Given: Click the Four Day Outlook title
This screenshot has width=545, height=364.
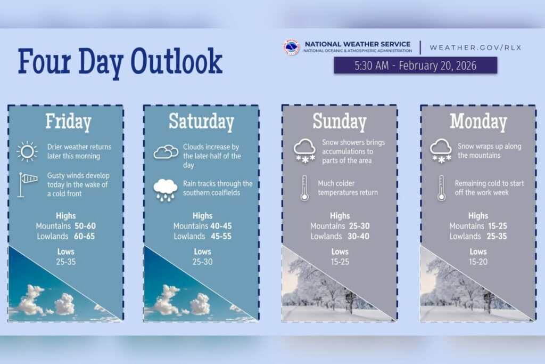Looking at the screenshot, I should pos(120,61).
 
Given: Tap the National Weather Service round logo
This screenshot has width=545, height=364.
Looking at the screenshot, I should pos(292,47).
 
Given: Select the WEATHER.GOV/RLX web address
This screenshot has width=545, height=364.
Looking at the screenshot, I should pos(475,47).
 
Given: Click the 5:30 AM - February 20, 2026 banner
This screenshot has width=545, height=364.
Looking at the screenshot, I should pos(416,66).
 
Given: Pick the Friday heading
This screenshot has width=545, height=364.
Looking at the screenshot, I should pos(68,122).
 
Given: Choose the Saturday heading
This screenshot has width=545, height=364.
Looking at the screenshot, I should pos(201,122).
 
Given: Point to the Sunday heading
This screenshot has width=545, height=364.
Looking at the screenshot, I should pos(340,122).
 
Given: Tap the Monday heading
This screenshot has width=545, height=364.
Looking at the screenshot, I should pos(478,122).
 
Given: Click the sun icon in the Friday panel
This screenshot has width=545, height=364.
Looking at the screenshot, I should pos(27,151).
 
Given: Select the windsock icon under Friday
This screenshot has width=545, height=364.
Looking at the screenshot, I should pos(27,184).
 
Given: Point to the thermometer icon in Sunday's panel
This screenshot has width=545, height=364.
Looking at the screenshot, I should pos(304,188).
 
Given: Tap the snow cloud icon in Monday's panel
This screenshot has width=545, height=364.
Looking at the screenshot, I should pos(441,150).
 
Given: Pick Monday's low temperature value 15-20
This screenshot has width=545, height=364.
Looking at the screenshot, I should pos(478,262).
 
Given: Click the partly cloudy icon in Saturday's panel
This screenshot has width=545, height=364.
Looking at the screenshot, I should pos(166,152).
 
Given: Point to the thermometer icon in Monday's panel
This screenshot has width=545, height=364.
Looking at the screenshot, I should pos(441,188).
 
